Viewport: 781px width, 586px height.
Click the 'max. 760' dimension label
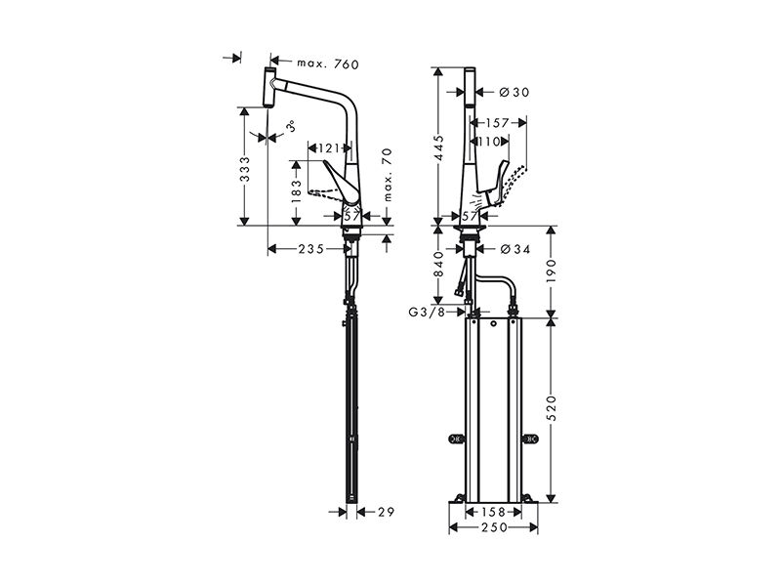[x=328, y=63]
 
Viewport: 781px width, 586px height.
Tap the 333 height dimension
[x=245, y=169]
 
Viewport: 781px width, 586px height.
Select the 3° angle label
[x=291, y=127]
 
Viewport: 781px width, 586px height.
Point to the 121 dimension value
[x=329, y=148]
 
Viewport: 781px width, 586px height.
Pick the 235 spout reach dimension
[x=311, y=248]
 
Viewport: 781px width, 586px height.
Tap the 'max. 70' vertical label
[x=388, y=175]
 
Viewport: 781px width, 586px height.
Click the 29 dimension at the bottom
[x=386, y=511]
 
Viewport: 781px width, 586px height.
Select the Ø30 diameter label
[x=514, y=92]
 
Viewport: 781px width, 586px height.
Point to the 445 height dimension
[x=438, y=148]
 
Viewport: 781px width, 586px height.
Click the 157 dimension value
[x=497, y=123]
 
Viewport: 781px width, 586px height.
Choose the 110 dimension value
[x=489, y=142]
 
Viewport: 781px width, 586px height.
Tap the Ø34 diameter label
[x=514, y=249]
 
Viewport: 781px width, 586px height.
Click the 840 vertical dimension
[x=438, y=264]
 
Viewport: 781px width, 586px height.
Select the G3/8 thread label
[x=427, y=313]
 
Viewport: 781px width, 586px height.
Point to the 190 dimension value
[x=551, y=271]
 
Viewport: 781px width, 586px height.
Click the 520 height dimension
[x=551, y=407]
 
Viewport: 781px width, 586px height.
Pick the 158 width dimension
[x=494, y=512]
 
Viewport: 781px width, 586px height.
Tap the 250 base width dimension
[x=494, y=527]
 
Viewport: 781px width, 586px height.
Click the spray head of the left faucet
[x=269, y=87]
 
